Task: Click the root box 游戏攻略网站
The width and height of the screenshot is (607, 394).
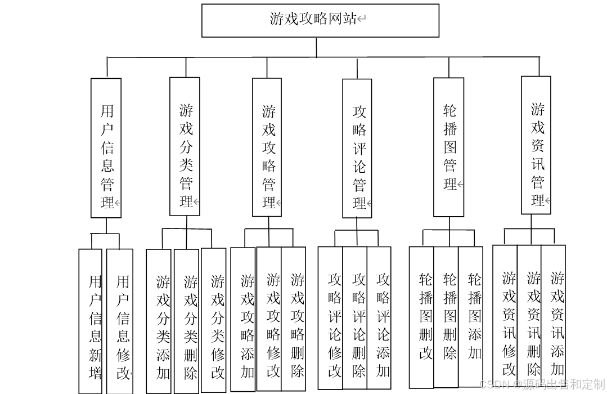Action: point(320,20)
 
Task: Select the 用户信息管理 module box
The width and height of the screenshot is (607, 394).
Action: point(106,147)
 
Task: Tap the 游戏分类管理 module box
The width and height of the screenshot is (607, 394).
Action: point(185,146)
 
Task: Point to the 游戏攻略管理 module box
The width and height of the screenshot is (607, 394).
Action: point(267,147)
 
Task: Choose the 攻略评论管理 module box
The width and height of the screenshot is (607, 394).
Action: point(357,148)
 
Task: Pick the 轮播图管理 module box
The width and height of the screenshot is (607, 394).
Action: point(449,147)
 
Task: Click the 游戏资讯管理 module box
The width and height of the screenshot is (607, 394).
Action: point(536,145)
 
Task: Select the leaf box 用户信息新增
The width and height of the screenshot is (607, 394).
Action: point(91,321)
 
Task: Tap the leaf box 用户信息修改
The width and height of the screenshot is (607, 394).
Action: point(120,321)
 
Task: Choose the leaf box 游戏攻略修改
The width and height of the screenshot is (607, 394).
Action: point(269,320)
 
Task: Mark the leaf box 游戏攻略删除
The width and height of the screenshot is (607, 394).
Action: point(294,320)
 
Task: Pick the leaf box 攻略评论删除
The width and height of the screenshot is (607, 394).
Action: point(355,319)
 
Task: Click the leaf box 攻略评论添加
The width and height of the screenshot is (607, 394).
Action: point(379,319)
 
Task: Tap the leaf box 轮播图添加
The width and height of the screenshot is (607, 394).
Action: point(471,316)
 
